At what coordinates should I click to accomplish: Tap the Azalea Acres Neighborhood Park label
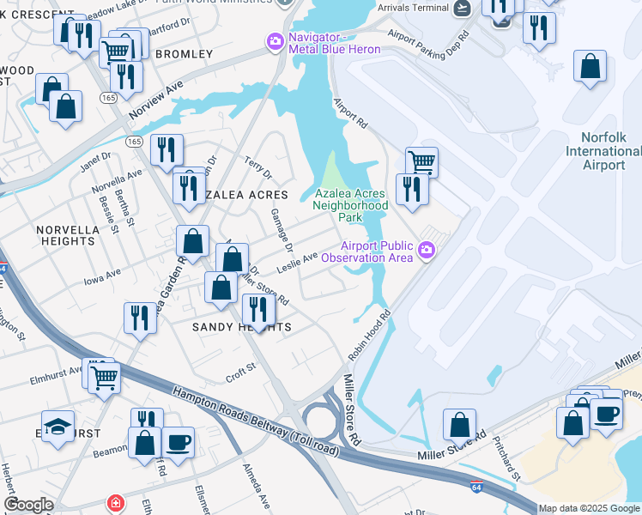coord(350,206)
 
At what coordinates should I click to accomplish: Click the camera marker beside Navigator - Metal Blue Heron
coord(276,40)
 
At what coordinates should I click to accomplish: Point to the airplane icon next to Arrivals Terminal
coord(463,8)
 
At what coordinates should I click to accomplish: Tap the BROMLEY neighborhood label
coord(184,54)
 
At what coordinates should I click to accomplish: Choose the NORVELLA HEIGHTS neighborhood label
coord(65,235)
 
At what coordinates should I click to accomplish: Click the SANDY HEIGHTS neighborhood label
coord(241,328)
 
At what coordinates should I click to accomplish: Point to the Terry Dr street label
coord(257,168)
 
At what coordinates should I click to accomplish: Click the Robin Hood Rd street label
coord(370,336)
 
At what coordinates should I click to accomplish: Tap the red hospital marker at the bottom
coord(114,503)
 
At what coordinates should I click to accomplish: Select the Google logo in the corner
coord(28,505)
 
